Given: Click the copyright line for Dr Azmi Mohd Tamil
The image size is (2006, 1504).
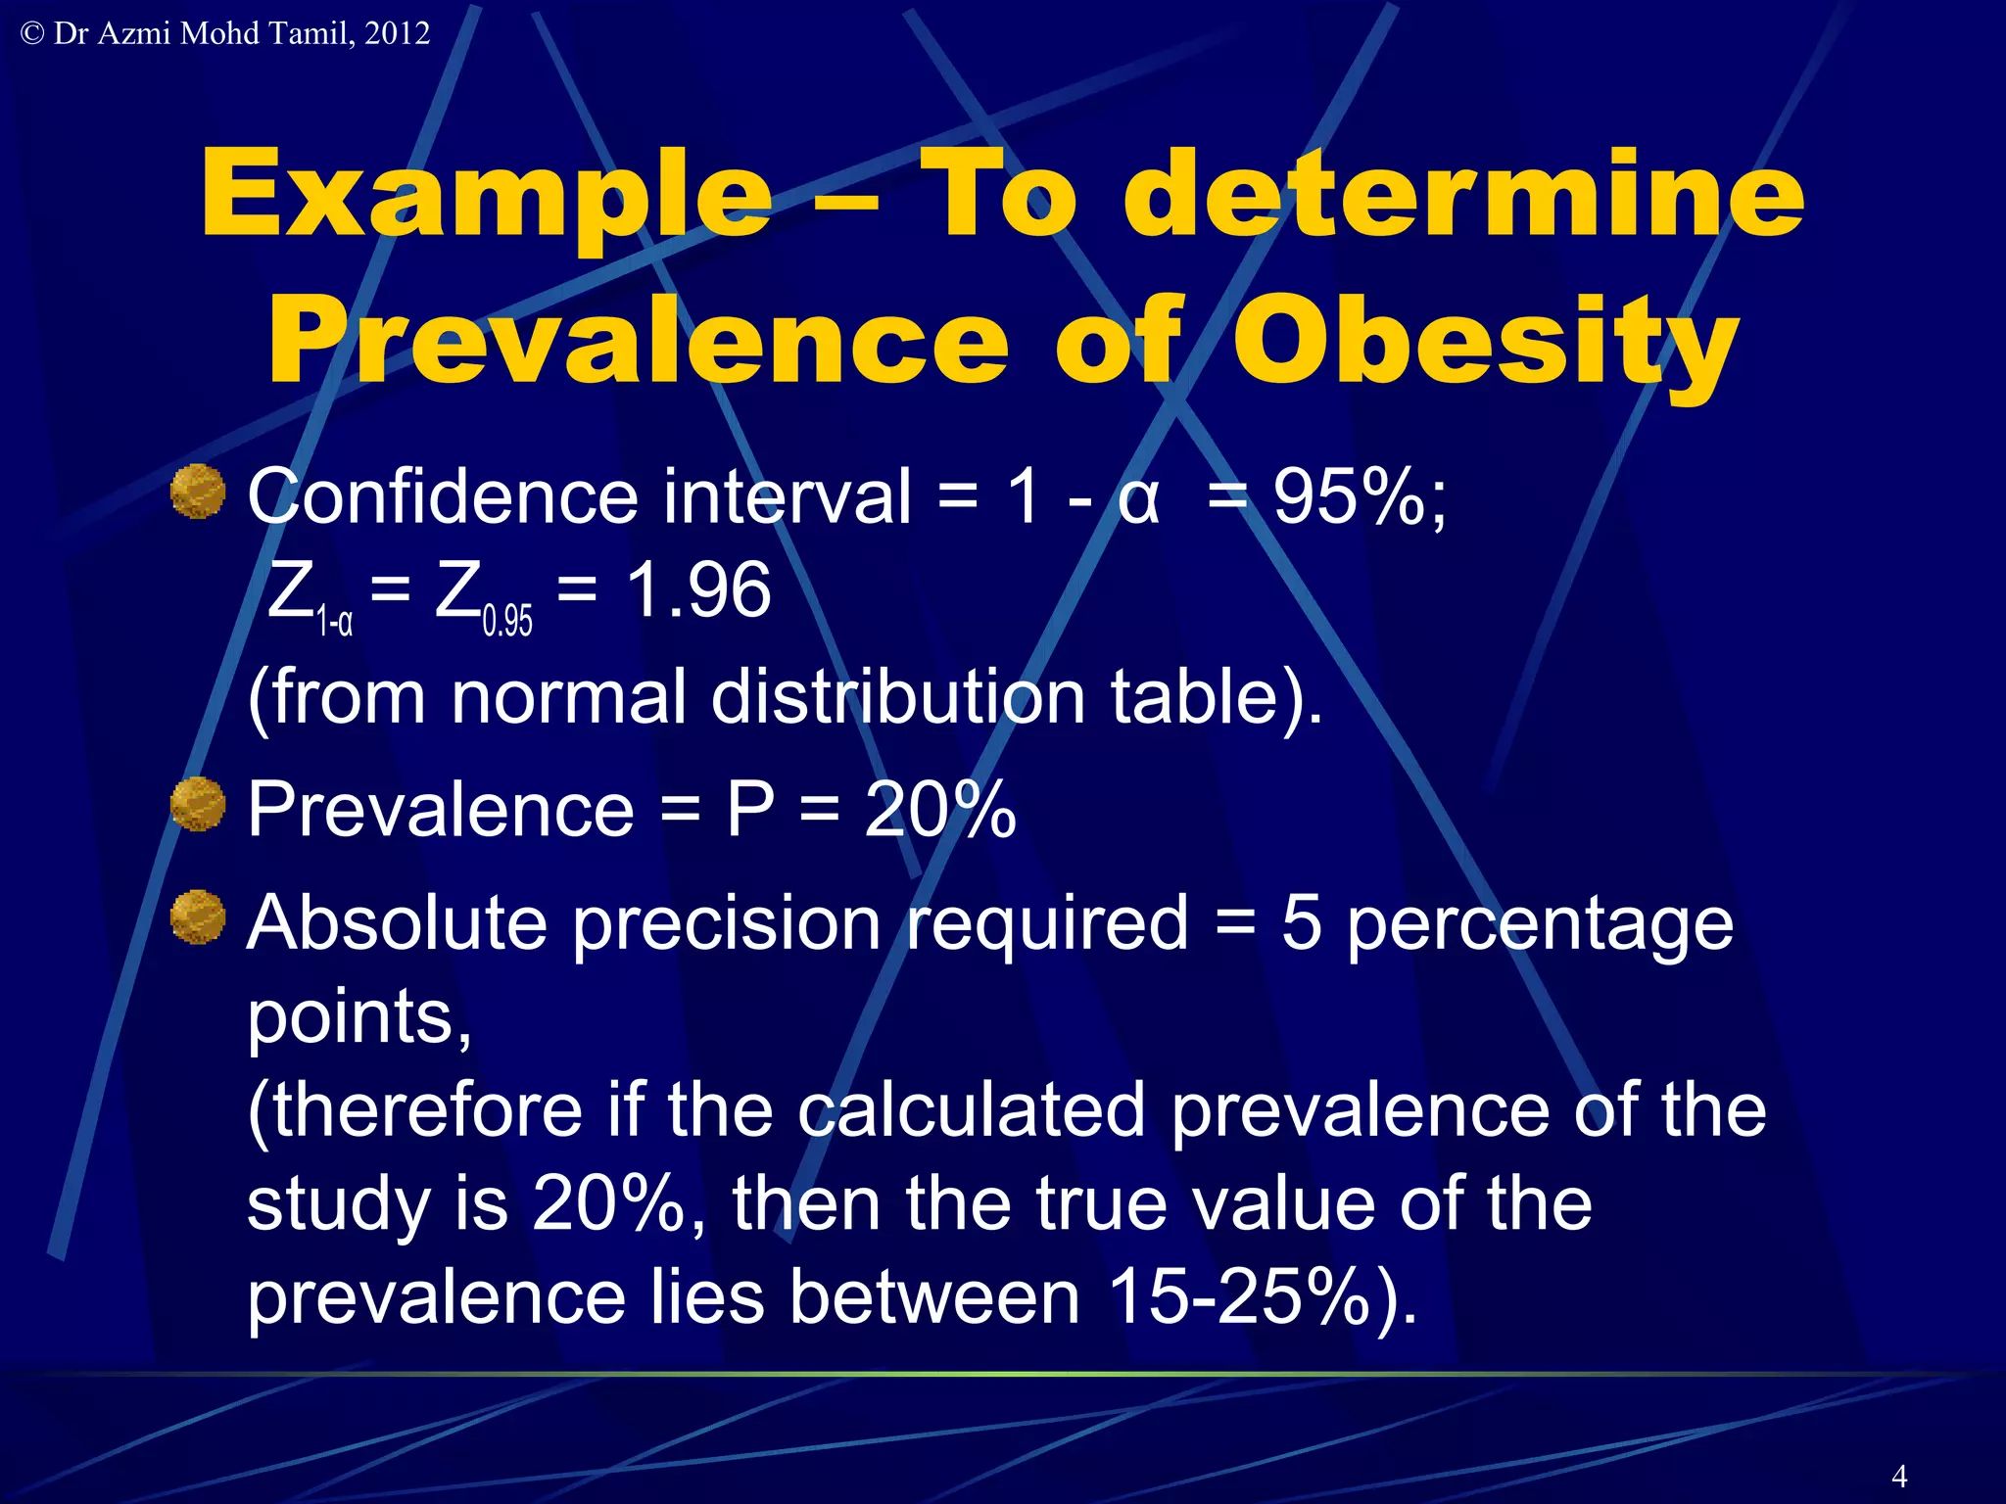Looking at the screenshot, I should (x=225, y=33).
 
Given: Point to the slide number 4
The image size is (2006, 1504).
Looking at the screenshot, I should (x=1899, y=1476).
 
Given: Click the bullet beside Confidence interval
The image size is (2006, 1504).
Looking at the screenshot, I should (x=198, y=492).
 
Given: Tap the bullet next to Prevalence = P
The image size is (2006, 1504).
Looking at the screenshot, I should (x=198, y=805).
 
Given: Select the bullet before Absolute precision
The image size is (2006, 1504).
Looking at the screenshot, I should (x=198, y=917).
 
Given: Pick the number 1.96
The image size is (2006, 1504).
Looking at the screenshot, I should (x=698, y=590).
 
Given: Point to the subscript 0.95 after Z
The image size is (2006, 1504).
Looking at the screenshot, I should (x=507, y=621).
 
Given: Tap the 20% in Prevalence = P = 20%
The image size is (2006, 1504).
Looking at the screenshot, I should (x=939, y=809).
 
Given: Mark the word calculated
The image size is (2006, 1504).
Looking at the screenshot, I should (x=971, y=1110).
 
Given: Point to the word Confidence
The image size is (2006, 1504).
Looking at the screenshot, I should (x=443, y=496).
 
